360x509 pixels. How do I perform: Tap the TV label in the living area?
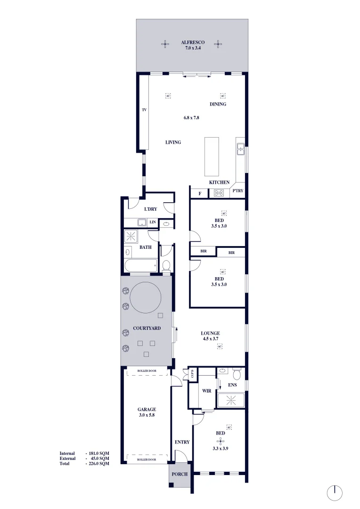[145, 110]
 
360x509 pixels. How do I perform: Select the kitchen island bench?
[212, 156]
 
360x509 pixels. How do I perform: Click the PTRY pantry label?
[237, 191]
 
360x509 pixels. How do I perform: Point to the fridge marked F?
[200, 193]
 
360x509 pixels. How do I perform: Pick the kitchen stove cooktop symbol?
[219, 193]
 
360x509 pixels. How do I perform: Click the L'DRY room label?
[150, 209]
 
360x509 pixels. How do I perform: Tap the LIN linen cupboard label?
[153, 222]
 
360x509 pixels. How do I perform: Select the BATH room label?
[145, 247]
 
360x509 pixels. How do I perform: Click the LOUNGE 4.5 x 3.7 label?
[211, 336]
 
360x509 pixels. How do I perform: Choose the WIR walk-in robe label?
[206, 391]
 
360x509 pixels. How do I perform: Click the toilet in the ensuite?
[237, 375]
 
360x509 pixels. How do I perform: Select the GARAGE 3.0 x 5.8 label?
[147, 412]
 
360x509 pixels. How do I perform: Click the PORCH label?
[180, 475]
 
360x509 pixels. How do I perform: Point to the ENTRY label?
[182, 442]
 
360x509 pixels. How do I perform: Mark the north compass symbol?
[335, 493]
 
